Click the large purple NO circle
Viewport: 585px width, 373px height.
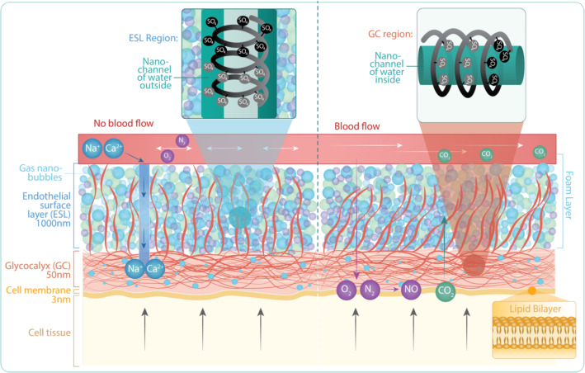pyautogui.click(x=411, y=290)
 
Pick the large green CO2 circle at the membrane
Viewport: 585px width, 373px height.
pyautogui.click(x=446, y=290)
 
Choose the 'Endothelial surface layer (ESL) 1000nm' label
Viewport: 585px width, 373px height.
pyautogui.click(x=40, y=210)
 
